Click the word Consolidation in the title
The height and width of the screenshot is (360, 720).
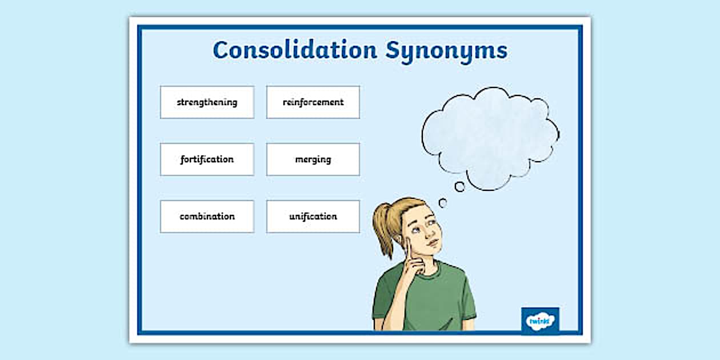295,50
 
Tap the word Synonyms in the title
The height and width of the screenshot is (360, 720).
446,51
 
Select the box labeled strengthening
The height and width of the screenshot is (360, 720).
207,102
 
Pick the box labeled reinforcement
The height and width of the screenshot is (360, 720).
313,102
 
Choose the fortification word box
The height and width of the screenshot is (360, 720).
207,159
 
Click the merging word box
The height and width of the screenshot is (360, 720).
313,159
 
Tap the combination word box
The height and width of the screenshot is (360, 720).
207,217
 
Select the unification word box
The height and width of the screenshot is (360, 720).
313,217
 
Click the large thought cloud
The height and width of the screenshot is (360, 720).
490,138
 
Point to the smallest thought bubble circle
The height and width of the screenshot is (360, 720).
443,203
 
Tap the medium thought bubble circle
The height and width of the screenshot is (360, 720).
459,187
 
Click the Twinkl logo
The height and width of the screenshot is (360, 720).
540,321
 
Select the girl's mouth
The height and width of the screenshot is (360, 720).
433,242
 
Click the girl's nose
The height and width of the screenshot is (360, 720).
427,232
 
